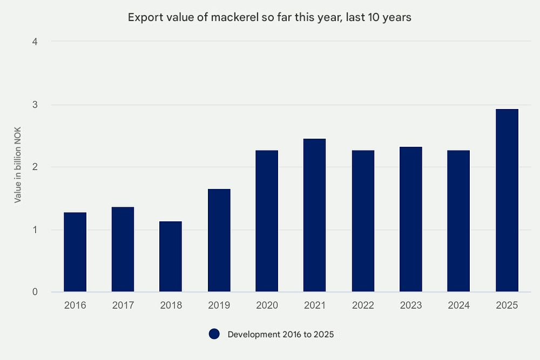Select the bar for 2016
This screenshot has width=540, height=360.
[x=75, y=252]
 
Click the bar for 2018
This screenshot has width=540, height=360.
[x=171, y=257]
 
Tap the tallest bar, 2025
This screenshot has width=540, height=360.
[x=507, y=201]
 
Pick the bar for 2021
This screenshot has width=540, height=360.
[x=315, y=215]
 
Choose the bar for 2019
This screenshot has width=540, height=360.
[x=219, y=241]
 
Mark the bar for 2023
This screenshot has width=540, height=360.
[x=411, y=220]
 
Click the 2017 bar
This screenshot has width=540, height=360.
[x=123, y=249]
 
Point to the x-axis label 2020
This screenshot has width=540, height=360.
[x=267, y=305]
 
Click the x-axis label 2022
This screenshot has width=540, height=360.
[x=363, y=305]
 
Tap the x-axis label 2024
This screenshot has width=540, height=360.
[x=459, y=305]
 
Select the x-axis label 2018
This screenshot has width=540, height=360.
[x=171, y=305]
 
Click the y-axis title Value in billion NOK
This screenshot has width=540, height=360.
[x=18, y=167]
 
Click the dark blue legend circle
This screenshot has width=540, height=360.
[x=214, y=334]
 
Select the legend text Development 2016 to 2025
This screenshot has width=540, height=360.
[x=281, y=335]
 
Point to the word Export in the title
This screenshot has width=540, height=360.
[x=142, y=17]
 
